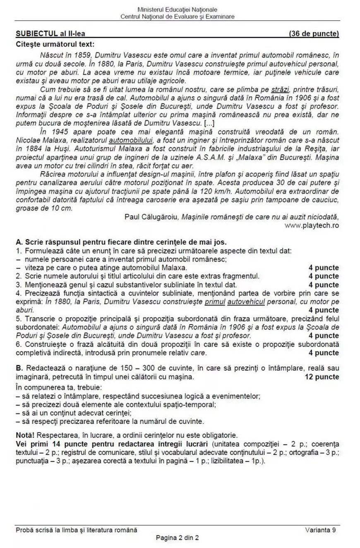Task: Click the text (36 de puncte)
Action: (314, 34)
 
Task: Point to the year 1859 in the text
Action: (86, 54)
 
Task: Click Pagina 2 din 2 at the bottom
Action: (177, 538)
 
